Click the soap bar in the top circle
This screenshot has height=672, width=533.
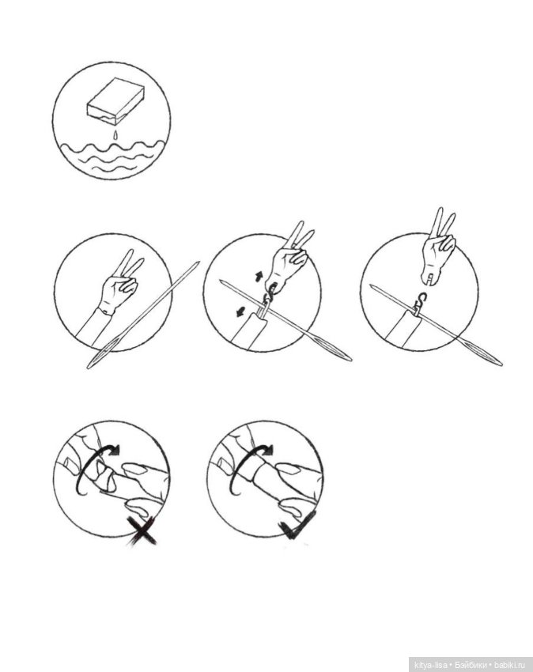pyautogui.click(x=115, y=100)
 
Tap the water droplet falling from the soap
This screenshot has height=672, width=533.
pyautogui.click(x=115, y=134)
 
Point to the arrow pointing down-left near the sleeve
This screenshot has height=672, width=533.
pyautogui.click(x=239, y=312)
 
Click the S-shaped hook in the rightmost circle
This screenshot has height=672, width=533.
pyautogui.click(x=421, y=300)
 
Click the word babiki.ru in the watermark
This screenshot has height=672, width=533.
pyautogui.click(x=509, y=665)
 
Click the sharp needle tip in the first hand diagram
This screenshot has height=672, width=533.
pyautogui.click(x=199, y=262)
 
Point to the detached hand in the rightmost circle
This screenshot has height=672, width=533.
pyautogui.click(x=437, y=247)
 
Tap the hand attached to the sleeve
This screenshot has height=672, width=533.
pyautogui.click(x=120, y=284)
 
